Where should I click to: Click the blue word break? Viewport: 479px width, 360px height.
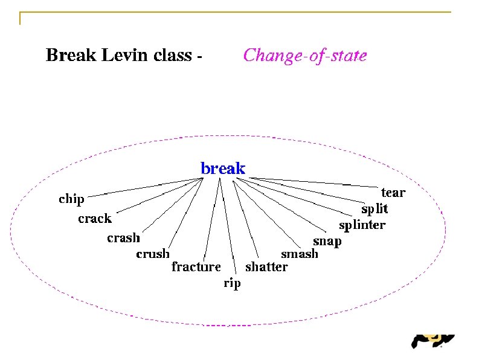223,169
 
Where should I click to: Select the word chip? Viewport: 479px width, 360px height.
71,199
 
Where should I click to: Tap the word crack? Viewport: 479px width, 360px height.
95,219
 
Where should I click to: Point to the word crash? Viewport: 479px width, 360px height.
123,238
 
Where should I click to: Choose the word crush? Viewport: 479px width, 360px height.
153,254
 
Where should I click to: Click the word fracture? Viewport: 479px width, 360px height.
196,266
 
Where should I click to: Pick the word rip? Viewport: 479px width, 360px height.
232,283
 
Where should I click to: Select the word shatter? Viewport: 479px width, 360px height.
266,266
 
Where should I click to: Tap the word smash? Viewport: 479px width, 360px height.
300,254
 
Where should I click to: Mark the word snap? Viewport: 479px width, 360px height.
327,242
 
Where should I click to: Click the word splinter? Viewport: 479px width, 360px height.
362,226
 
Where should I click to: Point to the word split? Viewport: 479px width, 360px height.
375,210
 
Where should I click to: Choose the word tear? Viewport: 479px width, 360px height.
393,193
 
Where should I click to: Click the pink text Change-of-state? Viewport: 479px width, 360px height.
304,56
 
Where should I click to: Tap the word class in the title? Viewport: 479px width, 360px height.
173,56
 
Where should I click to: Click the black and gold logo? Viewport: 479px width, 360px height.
432,342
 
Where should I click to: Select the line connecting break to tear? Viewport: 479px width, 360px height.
314,182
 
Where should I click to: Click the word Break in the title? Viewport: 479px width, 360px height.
71,56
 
